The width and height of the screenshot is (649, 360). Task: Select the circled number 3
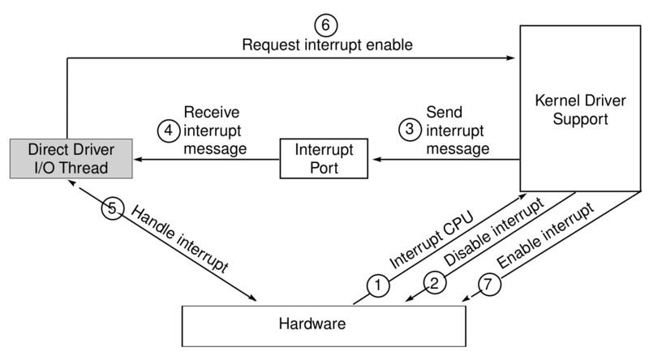point(410,128)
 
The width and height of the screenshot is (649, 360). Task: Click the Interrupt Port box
point(323,159)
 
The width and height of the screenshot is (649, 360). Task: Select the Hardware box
point(324,324)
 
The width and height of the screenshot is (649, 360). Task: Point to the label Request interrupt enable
point(327,45)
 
